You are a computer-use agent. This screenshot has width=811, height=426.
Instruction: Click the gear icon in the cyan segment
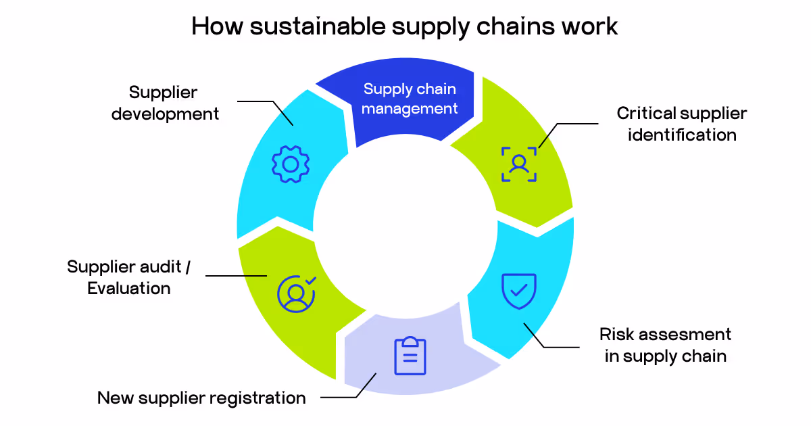tap(291, 164)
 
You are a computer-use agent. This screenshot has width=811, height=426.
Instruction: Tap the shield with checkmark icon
tap(518, 291)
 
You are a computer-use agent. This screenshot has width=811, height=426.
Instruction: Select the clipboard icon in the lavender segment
tap(410, 356)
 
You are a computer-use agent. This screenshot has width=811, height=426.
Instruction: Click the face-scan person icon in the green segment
tap(519, 164)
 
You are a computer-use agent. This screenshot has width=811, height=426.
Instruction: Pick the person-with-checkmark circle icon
tap(296, 293)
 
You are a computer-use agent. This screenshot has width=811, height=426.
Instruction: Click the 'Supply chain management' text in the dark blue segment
tap(410, 99)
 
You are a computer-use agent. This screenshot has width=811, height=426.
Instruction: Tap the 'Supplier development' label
tap(165, 103)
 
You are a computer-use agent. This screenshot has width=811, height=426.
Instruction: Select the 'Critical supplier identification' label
tap(681, 124)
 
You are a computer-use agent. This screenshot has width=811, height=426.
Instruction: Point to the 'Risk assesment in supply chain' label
tap(665, 345)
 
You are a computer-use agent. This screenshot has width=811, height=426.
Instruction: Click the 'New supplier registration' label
tap(201, 398)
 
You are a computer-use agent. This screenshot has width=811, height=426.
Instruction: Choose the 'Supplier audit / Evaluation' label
tap(128, 277)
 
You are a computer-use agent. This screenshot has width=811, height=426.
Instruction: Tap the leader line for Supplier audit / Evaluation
tap(237, 276)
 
